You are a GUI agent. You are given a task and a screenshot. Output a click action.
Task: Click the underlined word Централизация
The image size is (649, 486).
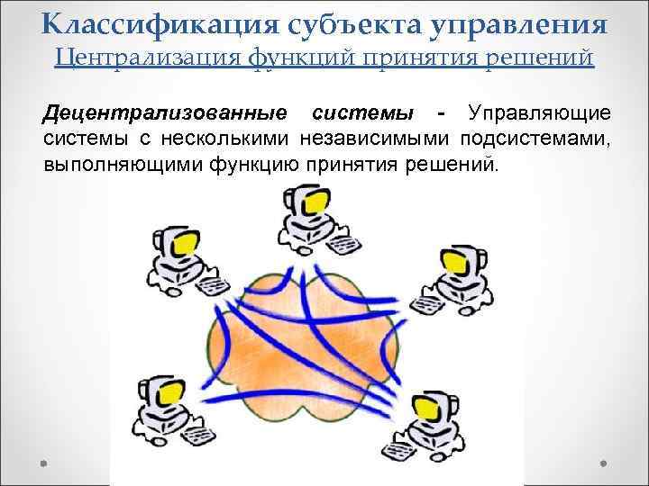pos(143,59)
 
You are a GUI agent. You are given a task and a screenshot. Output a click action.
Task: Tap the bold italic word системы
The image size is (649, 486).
pos(361,114)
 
